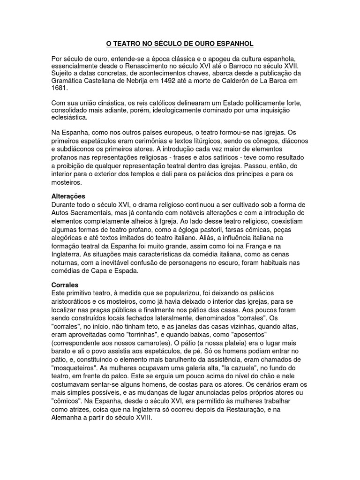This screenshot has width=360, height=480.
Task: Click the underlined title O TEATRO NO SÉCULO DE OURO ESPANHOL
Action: click(x=180, y=44)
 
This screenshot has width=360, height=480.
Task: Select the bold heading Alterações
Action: click(x=68, y=195)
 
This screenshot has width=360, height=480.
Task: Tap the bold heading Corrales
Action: click(x=65, y=285)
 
